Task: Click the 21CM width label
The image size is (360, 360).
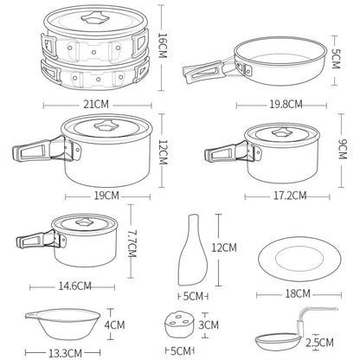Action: [96, 104]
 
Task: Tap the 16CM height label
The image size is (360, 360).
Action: [163, 45]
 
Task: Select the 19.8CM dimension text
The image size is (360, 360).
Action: [286, 104]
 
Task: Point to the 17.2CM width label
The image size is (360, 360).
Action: [290, 196]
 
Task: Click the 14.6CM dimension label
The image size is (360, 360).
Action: [75, 286]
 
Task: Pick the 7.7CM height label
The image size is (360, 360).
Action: [132, 243]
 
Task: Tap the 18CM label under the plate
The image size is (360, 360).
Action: [298, 293]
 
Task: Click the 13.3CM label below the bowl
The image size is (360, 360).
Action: [65, 353]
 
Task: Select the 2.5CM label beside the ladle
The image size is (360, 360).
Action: [319, 343]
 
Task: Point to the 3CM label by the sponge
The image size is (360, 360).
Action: [209, 325]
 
